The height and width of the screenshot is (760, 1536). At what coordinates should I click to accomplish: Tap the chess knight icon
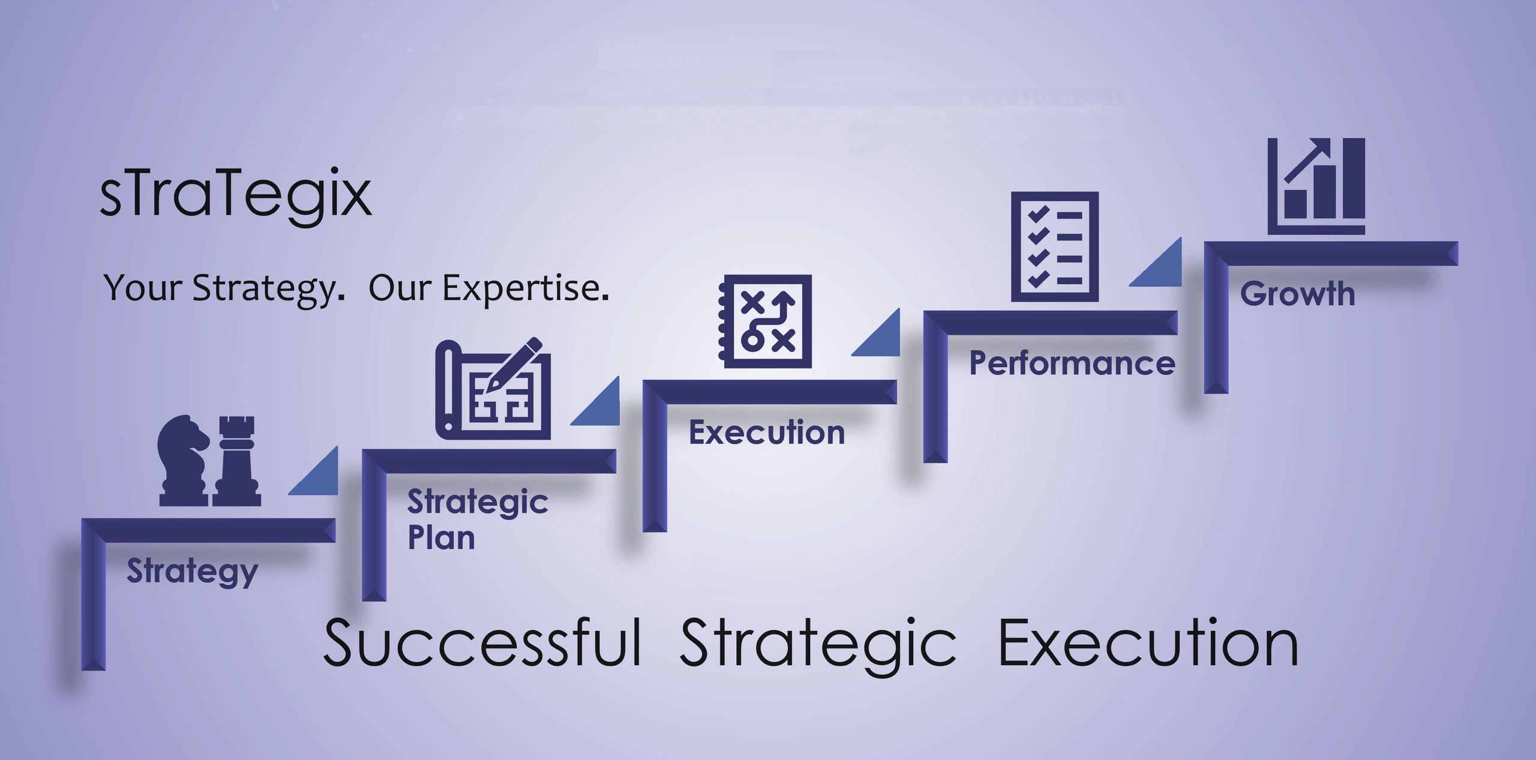click(x=182, y=461)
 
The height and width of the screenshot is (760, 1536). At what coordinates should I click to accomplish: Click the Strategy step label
click(x=192, y=571)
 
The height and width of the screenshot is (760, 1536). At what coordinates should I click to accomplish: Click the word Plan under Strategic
click(x=441, y=537)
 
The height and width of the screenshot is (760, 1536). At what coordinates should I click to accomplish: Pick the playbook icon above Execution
click(x=765, y=322)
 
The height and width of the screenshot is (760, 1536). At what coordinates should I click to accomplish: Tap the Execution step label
click(x=766, y=432)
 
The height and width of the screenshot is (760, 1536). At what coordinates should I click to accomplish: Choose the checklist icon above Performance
click(x=1054, y=247)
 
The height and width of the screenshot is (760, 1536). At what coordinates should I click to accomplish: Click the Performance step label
click(x=1072, y=364)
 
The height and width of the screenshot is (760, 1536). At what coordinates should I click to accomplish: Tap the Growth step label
click(x=1297, y=294)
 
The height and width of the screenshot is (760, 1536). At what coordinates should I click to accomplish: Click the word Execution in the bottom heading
click(x=1148, y=643)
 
